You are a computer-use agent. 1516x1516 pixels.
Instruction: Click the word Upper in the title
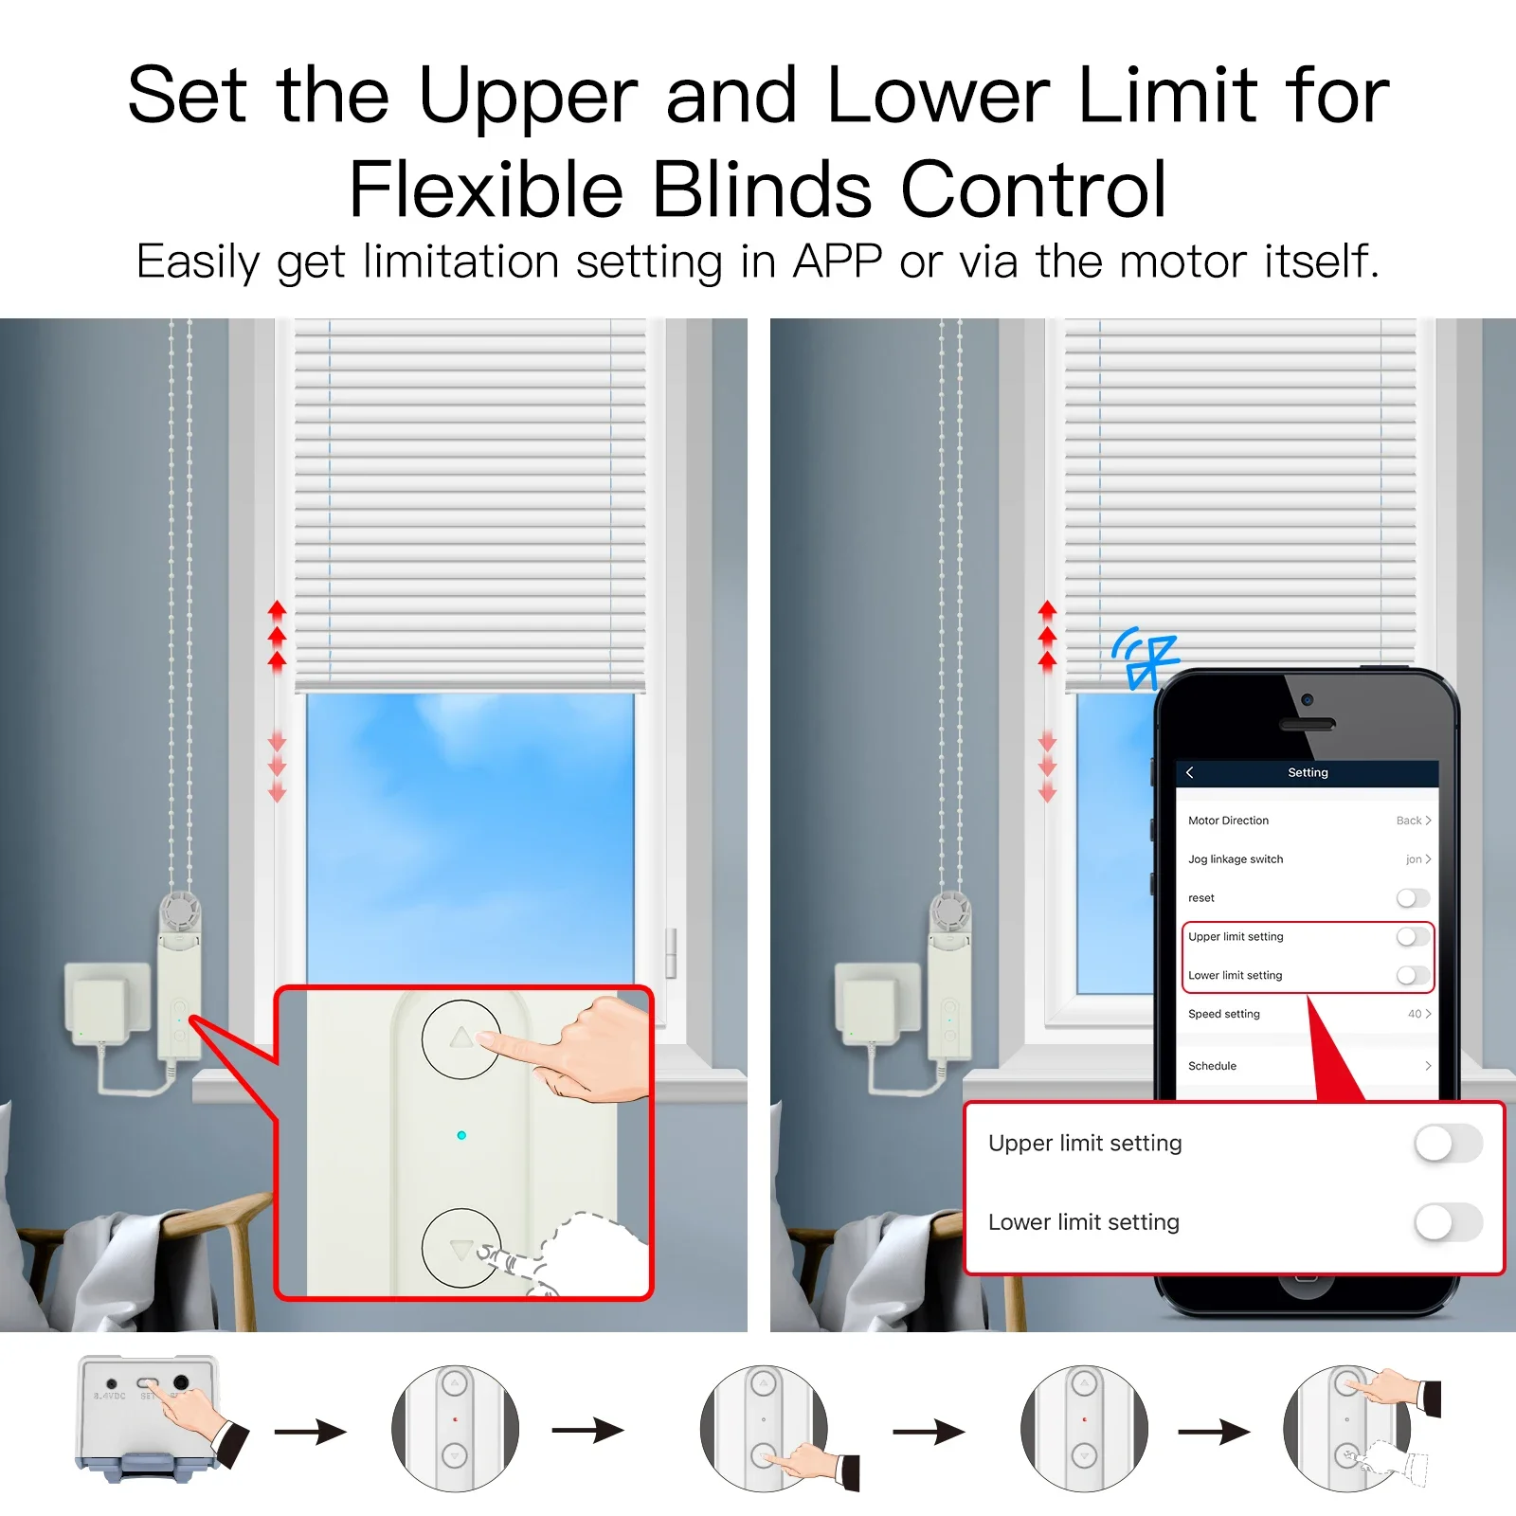point(528,98)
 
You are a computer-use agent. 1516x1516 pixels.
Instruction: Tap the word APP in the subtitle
point(837,262)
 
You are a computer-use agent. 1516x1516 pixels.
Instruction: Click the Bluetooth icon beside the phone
point(1146,659)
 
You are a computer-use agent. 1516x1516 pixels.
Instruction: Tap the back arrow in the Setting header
point(1190,772)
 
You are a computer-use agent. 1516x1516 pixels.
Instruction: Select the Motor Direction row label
point(1228,821)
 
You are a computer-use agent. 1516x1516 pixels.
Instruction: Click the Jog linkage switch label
point(1236,859)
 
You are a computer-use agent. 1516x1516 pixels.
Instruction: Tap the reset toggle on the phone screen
point(1412,897)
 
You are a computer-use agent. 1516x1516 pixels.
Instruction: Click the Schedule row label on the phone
point(1212,1066)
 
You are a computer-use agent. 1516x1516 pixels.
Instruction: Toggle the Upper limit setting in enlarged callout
point(1447,1143)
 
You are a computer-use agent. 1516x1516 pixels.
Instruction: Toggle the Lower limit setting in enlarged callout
point(1447,1222)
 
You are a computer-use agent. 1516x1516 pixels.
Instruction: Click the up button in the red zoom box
point(460,1038)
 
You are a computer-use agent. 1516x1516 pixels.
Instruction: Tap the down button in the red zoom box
point(460,1248)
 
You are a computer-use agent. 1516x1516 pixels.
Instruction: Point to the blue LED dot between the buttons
point(461,1135)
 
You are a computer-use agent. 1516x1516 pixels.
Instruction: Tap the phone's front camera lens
point(1307,699)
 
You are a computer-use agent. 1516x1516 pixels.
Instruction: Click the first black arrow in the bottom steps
point(310,1431)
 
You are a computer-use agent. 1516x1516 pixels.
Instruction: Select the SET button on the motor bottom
point(149,1384)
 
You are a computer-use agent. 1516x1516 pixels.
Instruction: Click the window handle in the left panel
point(671,952)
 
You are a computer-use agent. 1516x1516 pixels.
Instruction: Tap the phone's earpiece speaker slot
point(1307,725)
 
